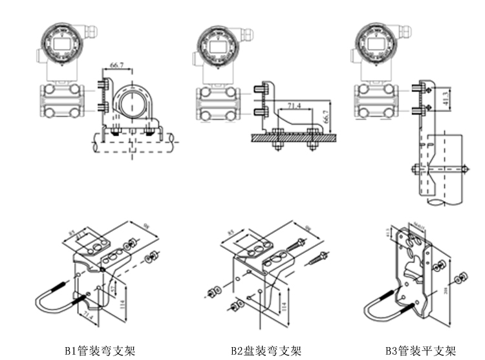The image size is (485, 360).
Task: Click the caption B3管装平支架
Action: (421, 352)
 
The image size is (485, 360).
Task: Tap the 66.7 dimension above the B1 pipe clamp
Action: (118, 66)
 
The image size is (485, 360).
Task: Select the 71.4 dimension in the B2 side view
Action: (295, 105)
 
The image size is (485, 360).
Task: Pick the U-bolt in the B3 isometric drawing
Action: (381, 308)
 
